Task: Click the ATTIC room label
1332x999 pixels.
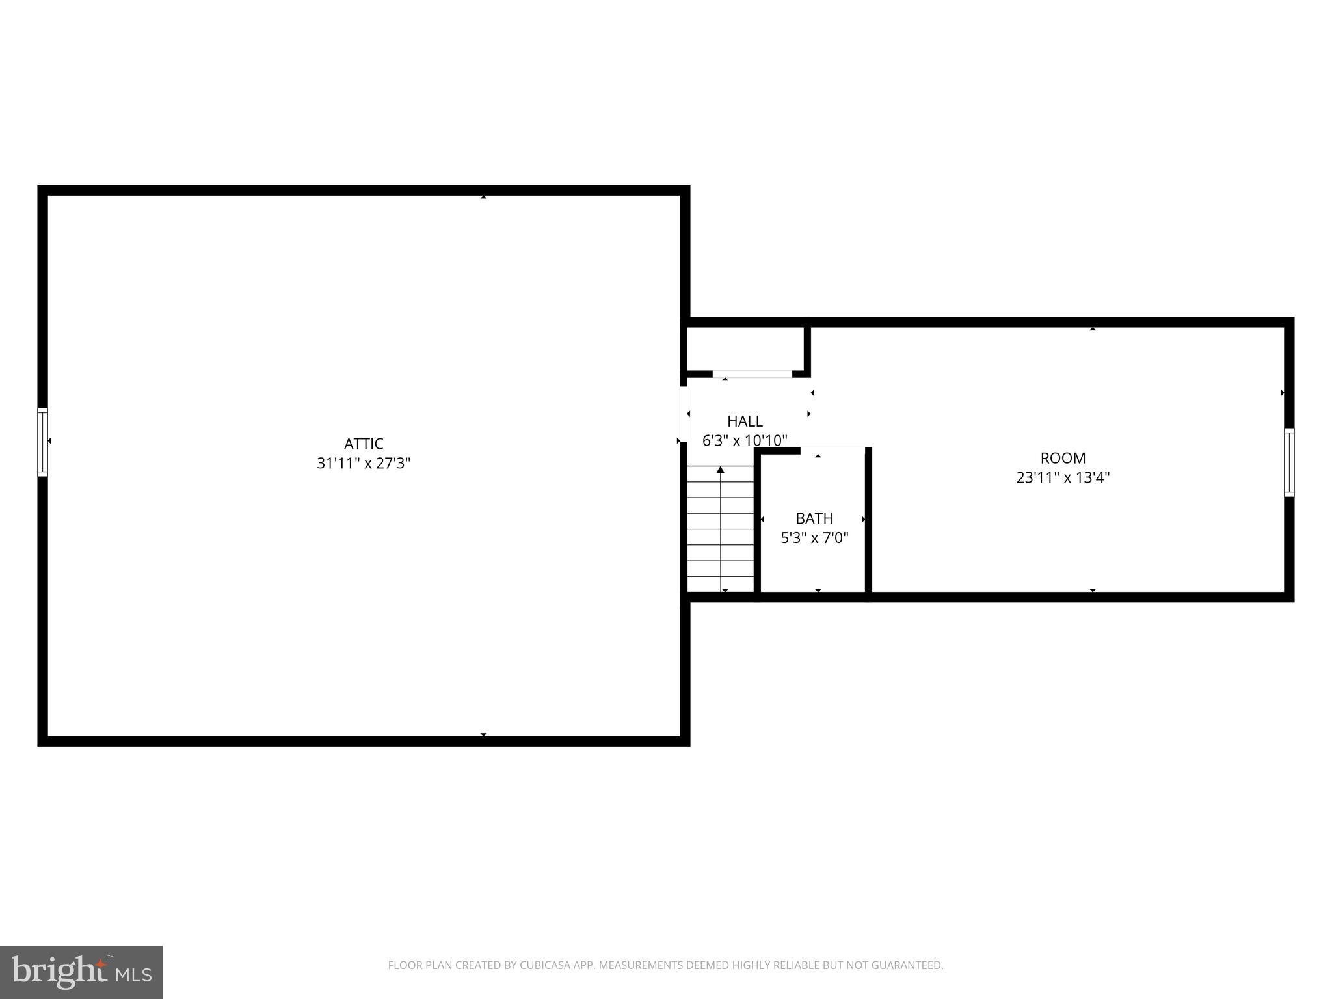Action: (x=364, y=444)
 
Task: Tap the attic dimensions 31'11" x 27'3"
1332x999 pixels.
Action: (x=364, y=464)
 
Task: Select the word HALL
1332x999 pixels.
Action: (x=745, y=421)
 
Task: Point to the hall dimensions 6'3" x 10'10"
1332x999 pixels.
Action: (x=745, y=441)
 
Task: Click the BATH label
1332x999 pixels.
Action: (x=814, y=518)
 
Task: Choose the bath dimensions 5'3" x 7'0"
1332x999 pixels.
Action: (x=814, y=538)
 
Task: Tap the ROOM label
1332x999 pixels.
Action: (x=1063, y=458)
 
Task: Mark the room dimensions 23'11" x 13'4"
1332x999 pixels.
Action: (x=1063, y=478)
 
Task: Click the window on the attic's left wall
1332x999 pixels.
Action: (x=43, y=442)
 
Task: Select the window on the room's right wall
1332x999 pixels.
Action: (x=1289, y=462)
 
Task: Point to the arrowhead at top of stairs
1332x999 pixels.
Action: (x=721, y=470)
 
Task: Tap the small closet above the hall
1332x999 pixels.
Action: (x=745, y=349)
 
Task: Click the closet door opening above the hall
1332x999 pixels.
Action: (x=753, y=374)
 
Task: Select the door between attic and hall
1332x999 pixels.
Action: (x=684, y=414)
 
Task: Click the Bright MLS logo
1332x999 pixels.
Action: (x=81, y=972)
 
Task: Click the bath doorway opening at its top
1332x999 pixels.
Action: (x=832, y=448)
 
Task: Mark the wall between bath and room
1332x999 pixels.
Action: (x=868, y=520)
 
